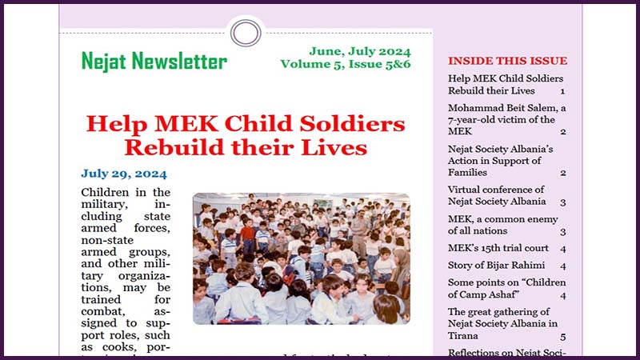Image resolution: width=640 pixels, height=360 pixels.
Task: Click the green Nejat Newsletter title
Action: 154,62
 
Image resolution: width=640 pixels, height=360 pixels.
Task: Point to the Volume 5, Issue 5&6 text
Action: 346,64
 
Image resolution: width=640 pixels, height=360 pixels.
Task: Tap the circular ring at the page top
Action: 245,33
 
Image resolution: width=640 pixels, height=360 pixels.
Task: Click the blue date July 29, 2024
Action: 124,174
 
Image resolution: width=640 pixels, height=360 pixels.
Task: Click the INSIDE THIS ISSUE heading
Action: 507,61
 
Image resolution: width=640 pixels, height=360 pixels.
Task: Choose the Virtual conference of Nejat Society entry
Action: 497,196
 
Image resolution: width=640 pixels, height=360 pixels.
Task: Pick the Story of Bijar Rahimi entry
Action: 496,266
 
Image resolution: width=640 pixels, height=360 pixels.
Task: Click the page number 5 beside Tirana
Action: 563,338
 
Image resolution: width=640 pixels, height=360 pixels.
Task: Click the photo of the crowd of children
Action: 301,258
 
